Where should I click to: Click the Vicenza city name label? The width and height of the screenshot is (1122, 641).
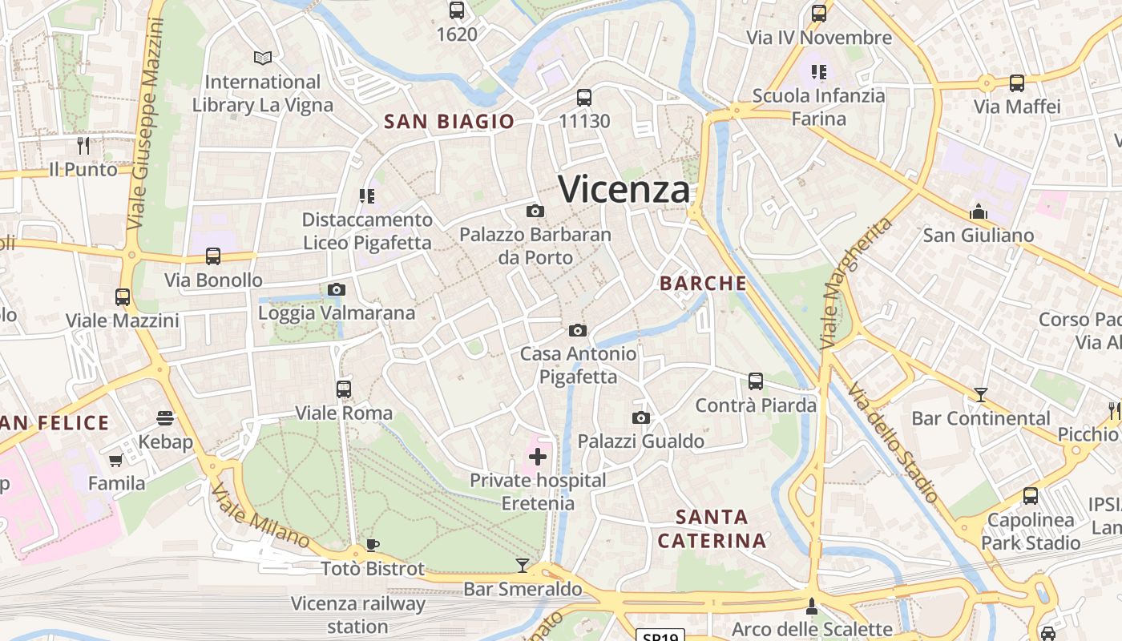624,190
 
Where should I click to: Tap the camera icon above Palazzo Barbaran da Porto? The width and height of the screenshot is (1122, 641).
535,211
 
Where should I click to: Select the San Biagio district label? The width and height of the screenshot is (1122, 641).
449,122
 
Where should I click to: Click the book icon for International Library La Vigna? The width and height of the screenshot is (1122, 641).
263,58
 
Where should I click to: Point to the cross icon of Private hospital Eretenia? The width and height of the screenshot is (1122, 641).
538,457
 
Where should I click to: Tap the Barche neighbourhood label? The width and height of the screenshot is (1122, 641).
703,283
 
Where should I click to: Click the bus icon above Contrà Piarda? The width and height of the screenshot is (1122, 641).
756,381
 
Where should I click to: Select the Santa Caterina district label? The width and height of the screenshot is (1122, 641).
712,529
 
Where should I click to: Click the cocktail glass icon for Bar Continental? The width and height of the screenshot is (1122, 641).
980,394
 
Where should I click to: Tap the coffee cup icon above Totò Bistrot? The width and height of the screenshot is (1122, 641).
372,546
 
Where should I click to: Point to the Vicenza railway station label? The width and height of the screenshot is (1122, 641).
357,615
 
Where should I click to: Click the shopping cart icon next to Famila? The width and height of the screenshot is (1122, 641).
115,460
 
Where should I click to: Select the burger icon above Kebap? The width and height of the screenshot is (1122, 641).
165,417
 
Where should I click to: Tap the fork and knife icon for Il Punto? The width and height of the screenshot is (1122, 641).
83,145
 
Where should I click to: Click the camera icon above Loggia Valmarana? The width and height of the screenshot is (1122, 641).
337,289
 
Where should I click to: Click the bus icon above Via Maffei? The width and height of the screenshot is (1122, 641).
1017,83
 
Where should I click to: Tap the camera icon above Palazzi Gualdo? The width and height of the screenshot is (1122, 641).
641,417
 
